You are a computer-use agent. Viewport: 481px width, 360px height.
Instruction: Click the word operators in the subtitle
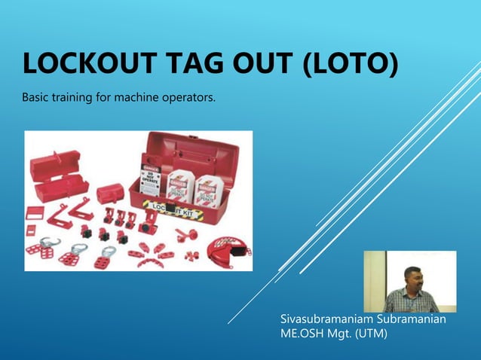tap(184, 99)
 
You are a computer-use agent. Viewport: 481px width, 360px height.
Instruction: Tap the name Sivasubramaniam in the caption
tap(325, 319)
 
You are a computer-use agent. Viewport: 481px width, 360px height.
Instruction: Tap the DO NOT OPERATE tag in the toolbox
tap(150, 174)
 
